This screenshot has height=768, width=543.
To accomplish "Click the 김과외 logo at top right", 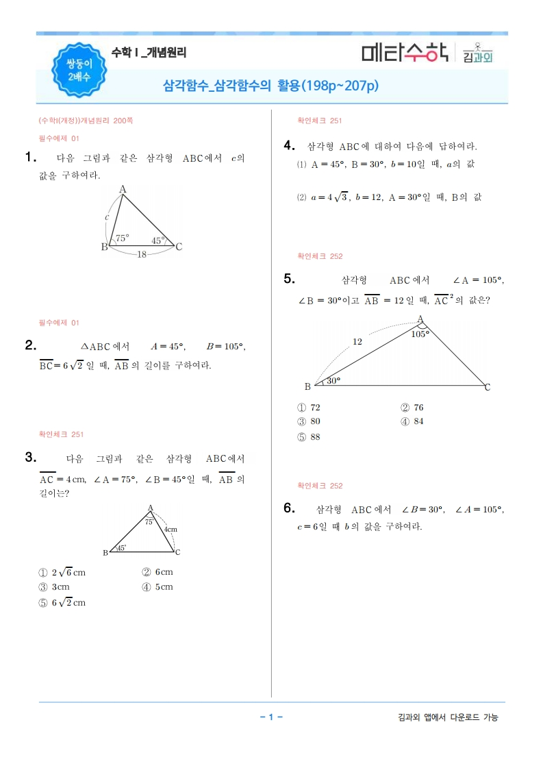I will [x=477, y=53].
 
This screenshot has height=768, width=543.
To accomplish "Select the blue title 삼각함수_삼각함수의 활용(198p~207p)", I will [x=270, y=86].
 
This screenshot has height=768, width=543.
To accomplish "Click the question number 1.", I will [x=29, y=158].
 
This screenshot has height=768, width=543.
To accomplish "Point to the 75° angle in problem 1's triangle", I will [x=122, y=238].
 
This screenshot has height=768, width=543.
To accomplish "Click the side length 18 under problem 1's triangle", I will [x=141, y=254].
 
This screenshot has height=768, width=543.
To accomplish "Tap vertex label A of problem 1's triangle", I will [x=123, y=189].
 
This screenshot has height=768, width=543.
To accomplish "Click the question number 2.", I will [x=29, y=346].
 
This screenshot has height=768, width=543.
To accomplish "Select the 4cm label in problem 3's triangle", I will [x=171, y=530].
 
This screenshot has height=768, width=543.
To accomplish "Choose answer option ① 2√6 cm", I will [x=62, y=572].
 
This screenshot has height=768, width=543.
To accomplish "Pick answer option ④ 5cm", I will [x=157, y=586].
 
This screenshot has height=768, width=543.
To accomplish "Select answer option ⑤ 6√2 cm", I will [x=62, y=602].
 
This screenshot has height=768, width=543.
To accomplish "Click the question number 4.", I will [x=289, y=145].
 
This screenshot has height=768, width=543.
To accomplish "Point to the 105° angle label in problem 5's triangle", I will [x=420, y=334].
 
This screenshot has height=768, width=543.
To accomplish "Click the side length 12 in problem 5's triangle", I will [x=357, y=341].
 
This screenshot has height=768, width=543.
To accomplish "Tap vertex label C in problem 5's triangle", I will [x=488, y=388].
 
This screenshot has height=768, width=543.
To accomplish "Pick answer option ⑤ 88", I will [x=309, y=437].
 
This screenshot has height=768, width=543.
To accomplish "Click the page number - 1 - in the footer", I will [x=271, y=717].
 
